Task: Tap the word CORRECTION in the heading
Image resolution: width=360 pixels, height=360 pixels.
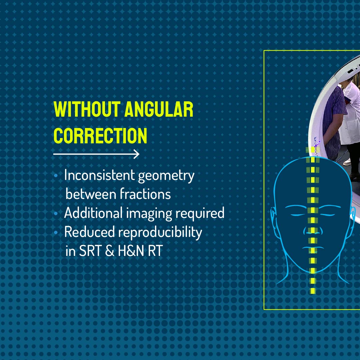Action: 100,136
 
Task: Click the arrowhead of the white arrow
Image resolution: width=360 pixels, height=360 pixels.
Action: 136,154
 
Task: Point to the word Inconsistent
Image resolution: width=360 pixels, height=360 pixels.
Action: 99,175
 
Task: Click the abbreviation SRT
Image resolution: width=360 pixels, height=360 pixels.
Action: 90,251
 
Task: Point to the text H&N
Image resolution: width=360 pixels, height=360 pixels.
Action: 130,251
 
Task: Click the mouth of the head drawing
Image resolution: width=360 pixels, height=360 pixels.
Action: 312,248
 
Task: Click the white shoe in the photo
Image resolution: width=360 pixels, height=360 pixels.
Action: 348,162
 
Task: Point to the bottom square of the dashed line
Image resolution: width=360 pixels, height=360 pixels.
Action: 313,291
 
